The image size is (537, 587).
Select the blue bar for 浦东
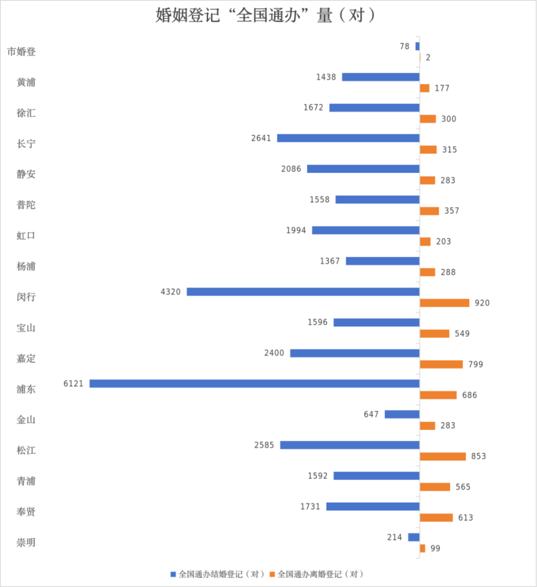[x=254, y=384]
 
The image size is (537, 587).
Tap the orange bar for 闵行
[x=445, y=303]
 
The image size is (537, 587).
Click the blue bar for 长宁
[x=348, y=138]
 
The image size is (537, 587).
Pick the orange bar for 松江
[x=443, y=456]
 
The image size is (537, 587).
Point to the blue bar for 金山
[x=402, y=415]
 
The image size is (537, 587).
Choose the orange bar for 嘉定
[x=441, y=364]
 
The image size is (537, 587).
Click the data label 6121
[x=73, y=384]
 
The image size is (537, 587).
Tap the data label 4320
[x=170, y=292]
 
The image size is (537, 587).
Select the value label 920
[x=482, y=303]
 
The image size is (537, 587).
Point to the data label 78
[x=404, y=46]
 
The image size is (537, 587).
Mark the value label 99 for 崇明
[x=435, y=549]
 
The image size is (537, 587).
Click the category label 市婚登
[x=22, y=51]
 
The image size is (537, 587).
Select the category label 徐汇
[x=26, y=113]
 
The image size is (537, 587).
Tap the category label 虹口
[x=26, y=235]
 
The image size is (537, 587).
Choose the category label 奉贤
[x=26, y=512]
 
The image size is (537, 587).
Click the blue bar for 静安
[x=363, y=169]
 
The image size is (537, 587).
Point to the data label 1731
[x=310, y=506]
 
